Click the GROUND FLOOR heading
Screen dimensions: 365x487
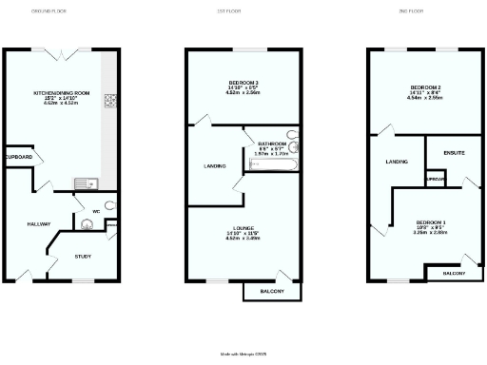[48, 10]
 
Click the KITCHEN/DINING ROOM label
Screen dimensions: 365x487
[60, 93]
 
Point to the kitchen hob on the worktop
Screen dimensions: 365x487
[110, 99]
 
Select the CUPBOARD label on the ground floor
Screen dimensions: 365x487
[18, 157]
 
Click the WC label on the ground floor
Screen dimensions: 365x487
[96, 211]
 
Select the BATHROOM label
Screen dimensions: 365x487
[271, 144]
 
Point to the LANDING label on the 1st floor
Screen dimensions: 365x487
[215, 166]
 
